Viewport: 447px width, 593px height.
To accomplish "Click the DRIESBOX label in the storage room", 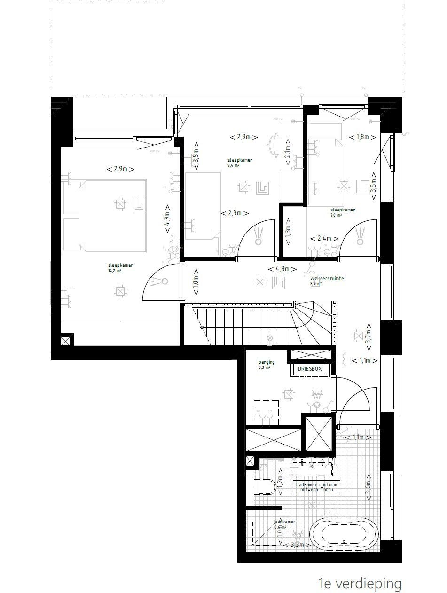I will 310,369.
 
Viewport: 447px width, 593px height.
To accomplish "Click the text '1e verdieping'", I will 360,584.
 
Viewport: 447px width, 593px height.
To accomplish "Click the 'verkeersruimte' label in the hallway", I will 327,279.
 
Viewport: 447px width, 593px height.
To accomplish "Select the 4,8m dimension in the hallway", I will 282,269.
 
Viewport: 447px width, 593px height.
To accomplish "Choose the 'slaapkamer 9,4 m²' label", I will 240,163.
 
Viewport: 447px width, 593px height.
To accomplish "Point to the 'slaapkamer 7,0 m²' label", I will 342,212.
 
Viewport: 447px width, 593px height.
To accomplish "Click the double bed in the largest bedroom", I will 112,216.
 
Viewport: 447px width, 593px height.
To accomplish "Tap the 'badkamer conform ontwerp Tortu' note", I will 316,487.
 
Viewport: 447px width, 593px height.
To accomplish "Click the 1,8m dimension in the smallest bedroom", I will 363,137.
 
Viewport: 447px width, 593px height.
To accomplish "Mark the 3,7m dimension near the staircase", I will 369,338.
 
